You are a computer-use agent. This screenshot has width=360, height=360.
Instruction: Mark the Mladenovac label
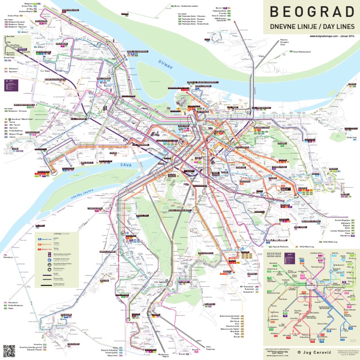coord(163,354)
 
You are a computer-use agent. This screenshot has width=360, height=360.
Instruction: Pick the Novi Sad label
coord(10,36)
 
